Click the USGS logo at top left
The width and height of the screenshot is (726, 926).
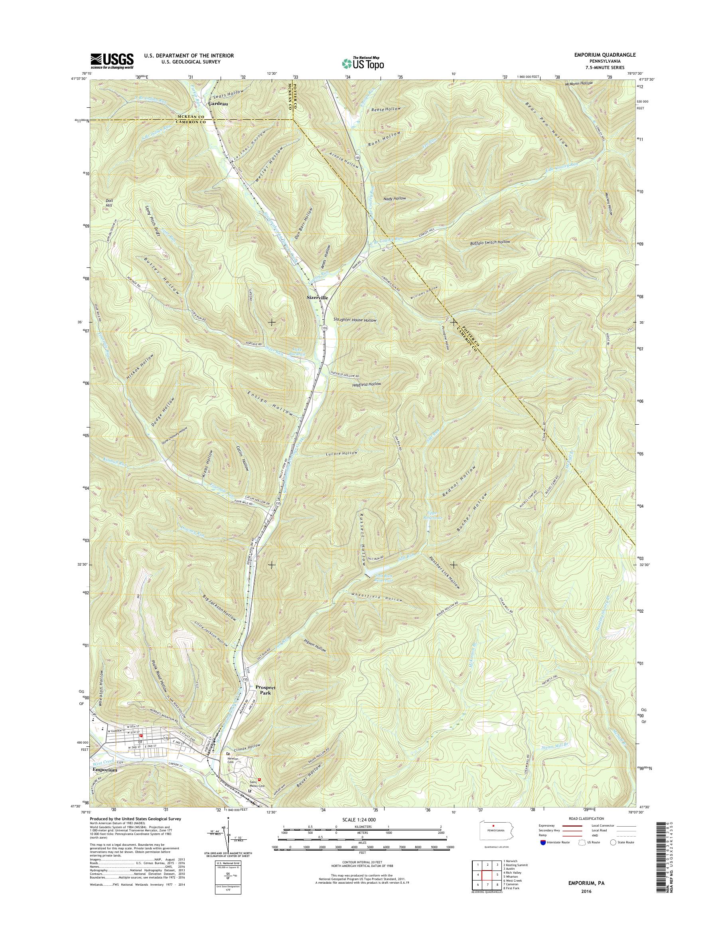[x=112, y=61]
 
